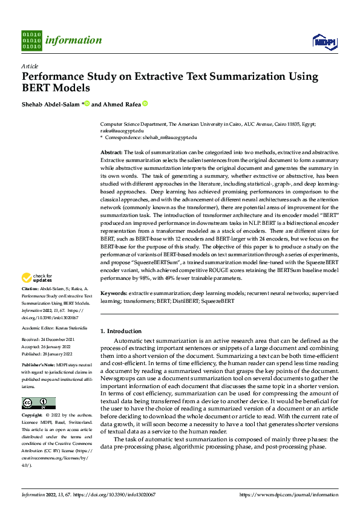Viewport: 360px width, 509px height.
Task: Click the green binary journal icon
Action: (31, 41)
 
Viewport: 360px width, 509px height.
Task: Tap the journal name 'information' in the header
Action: (75, 41)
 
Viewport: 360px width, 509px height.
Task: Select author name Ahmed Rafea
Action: (121, 103)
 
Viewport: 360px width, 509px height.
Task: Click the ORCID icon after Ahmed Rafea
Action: (145, 103)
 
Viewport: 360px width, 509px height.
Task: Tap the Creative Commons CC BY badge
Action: (38, 403)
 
